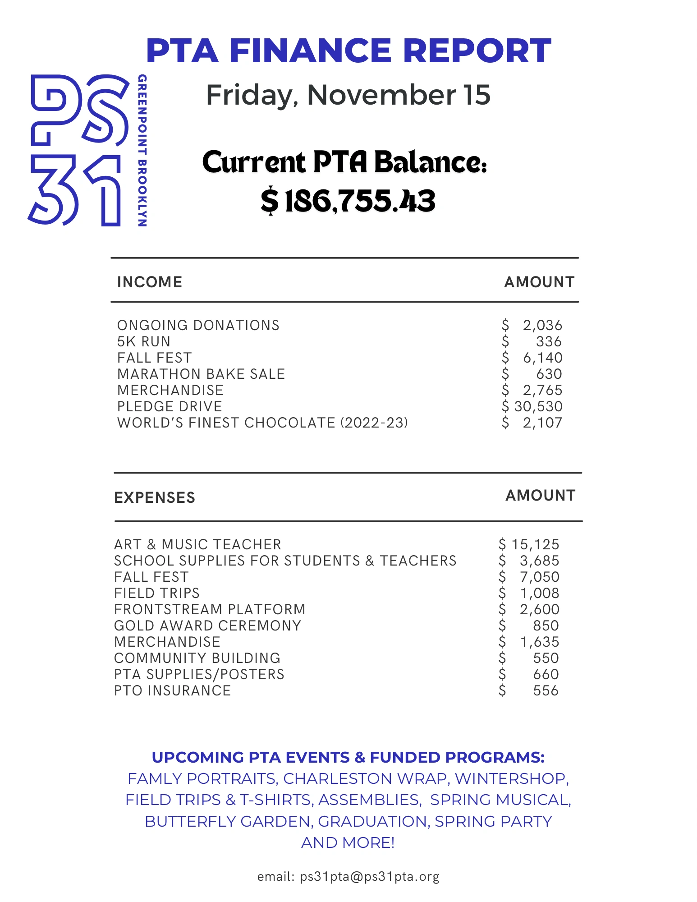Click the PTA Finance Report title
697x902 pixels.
click(x=348, y=51)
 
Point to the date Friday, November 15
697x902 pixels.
click(x=348, y=95)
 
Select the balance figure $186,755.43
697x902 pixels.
click(x=348, y=201)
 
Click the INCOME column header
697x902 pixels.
click(x=150, y=282)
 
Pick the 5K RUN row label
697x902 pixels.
click(x=144, y=342)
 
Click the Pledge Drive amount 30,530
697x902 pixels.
click(x=538, y=407)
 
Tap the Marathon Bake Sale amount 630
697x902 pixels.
click(x=549, y=374)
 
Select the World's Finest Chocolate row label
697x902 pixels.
click(x=262, y=423)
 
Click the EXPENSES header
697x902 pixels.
click(x=155, y=498)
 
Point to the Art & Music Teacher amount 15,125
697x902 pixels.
click(x=535, y=545)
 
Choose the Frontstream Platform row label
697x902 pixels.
click(x=210, y=610)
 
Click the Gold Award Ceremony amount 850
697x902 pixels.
click(x=546, y=626)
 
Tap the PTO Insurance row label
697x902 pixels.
click(x=172, y=691)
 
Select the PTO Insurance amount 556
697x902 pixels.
click(x=546, y=691)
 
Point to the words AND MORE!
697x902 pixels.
click(x=348, y=842)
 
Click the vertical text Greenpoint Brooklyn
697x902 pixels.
click(x=142, y=150)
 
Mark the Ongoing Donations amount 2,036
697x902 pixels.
click(x=542, y=326)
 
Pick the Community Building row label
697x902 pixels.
click(x=197, y=658)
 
